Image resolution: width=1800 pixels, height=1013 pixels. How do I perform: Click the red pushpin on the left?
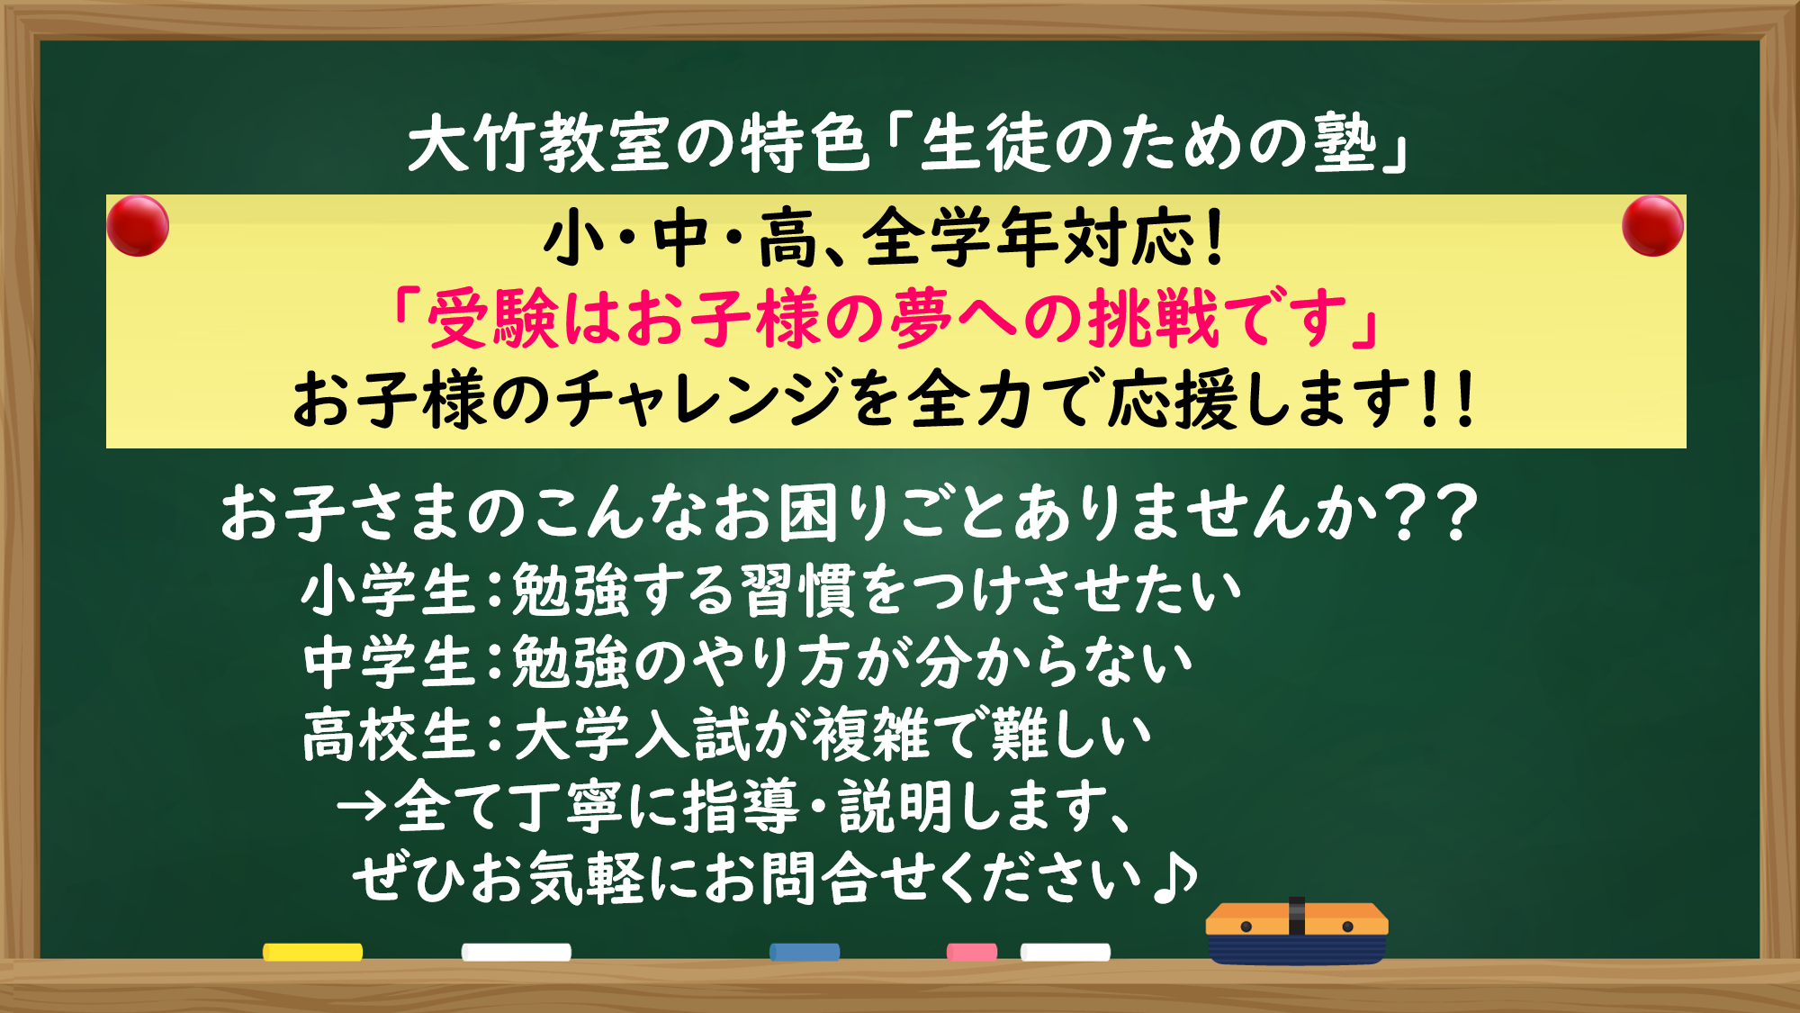(138, 226)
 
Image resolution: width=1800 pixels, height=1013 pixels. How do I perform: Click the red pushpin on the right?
(1652, 226)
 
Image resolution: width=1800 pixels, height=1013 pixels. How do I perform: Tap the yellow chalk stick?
(312, 952)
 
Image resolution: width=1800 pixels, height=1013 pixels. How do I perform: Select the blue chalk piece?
(805, 952)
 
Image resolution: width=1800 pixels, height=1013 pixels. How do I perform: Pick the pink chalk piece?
(971, 952)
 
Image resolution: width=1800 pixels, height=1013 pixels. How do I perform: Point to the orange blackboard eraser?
(1296, 933)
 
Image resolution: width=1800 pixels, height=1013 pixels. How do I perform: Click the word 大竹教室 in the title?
(538, 144)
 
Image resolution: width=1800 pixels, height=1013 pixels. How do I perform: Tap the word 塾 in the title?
(1345, 144)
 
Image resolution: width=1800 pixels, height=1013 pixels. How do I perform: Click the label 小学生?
(388, 592)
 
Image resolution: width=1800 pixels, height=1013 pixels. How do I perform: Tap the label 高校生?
(388, 735)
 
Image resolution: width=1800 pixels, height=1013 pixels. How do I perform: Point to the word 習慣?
(796, 592)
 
